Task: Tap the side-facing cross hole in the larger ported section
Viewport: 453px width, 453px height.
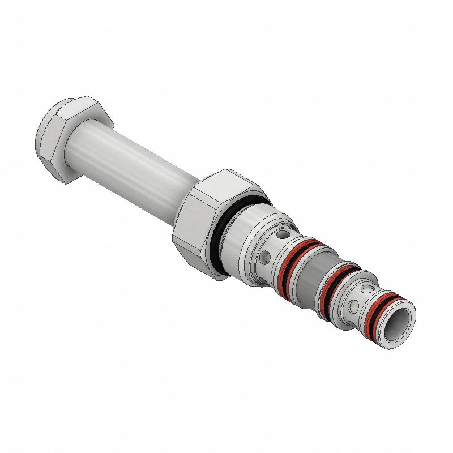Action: pyautogui.click(x=264, y=258)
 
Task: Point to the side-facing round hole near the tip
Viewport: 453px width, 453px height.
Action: pyautogui.click(x=353, y=306)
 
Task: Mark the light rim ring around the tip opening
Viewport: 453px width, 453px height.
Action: pyautogui.click(x=404, y=317)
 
